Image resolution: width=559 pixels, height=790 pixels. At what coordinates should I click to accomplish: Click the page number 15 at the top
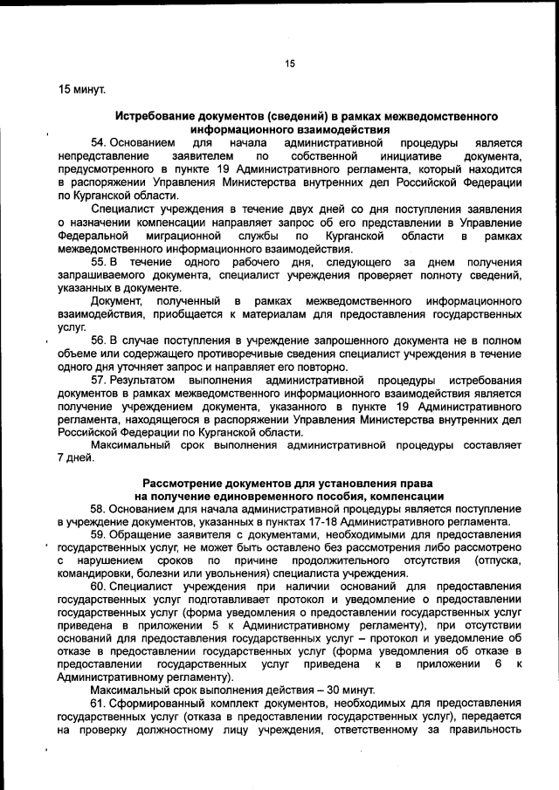pyautogui.click(x=291, y=63)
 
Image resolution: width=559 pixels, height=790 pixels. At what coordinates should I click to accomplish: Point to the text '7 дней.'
pyautogui.click(x=74, y=458)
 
